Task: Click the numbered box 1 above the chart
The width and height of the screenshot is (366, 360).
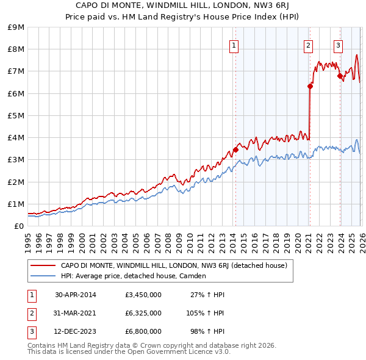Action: click(234, 45)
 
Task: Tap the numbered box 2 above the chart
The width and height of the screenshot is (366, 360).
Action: click(309, 45)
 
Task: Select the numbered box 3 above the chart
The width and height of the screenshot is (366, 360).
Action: click(338, 45)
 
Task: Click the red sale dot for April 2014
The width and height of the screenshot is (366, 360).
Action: click(235, 149)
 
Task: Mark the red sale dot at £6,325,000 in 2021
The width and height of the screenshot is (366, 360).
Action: click(310, 86)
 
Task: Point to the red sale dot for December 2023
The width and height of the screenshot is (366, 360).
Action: click(340, 76)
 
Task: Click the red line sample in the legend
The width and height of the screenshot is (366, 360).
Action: click(43, 265)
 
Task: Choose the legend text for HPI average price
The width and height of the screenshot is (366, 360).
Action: click(133, 276)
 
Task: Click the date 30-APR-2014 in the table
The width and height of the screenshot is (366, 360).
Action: click(76, 295)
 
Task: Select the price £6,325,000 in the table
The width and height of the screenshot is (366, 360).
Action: click(143, 313)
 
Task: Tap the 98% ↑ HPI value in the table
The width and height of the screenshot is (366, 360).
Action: click(207, 331)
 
